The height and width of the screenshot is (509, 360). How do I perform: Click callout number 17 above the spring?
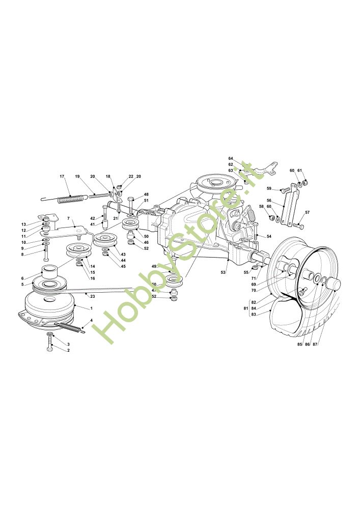pos(62,177)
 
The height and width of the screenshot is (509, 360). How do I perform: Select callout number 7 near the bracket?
pos(68,218)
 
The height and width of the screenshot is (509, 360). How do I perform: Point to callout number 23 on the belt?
pos(92,296)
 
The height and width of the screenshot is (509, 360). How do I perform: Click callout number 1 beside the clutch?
pos(91,308)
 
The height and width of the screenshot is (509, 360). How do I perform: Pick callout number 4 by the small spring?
pos(91,321)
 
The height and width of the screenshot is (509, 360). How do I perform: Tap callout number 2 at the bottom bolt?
pos(68,351)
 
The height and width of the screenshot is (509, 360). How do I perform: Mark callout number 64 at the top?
pos(230,158)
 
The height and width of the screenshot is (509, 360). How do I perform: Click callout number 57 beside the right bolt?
pos(307,212)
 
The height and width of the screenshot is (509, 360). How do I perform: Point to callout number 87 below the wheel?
pos(315,345)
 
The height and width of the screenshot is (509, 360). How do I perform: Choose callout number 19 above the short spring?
pos(77,177)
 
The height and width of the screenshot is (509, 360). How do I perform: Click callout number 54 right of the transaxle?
pos(269,237)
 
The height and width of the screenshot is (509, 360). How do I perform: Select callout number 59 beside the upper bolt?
pos(269,189)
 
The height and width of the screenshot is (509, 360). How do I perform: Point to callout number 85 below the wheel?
pos(299,345)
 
